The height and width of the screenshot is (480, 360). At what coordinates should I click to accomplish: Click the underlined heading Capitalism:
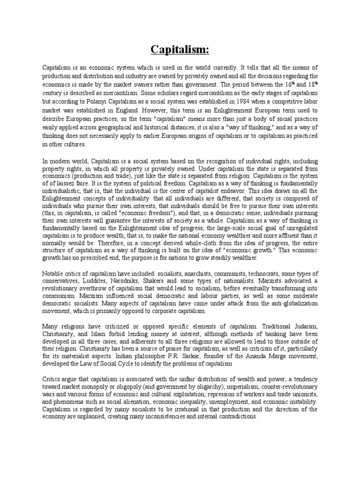pos(180,49)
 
